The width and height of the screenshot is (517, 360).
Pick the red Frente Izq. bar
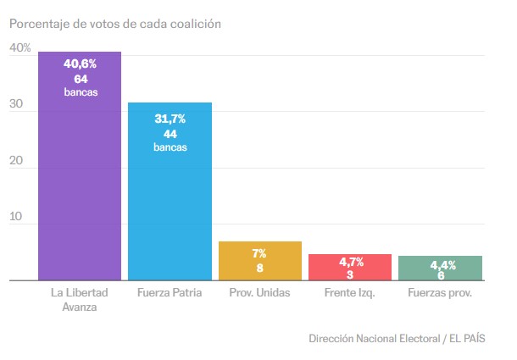tap(349, 267)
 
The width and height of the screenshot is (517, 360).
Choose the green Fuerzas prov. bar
tap(440, 268)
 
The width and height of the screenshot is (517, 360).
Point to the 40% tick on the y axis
tap(20, 49)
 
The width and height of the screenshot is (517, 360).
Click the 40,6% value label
tap(81, 63)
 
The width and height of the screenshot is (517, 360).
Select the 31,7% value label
tap(170, 119)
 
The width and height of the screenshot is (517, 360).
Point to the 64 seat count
tap(81, 78)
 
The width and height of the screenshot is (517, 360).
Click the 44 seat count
tap(170, 134)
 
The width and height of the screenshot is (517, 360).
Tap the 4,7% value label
tap(349, 262)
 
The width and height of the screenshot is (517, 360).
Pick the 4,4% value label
tap(440, 265)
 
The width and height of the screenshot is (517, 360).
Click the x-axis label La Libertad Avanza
tap(81, 300)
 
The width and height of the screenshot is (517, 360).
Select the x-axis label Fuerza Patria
tap(170, 293)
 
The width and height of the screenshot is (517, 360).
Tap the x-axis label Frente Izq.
tap(349, 293)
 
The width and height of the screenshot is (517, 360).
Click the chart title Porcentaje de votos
tap(115, 24)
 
